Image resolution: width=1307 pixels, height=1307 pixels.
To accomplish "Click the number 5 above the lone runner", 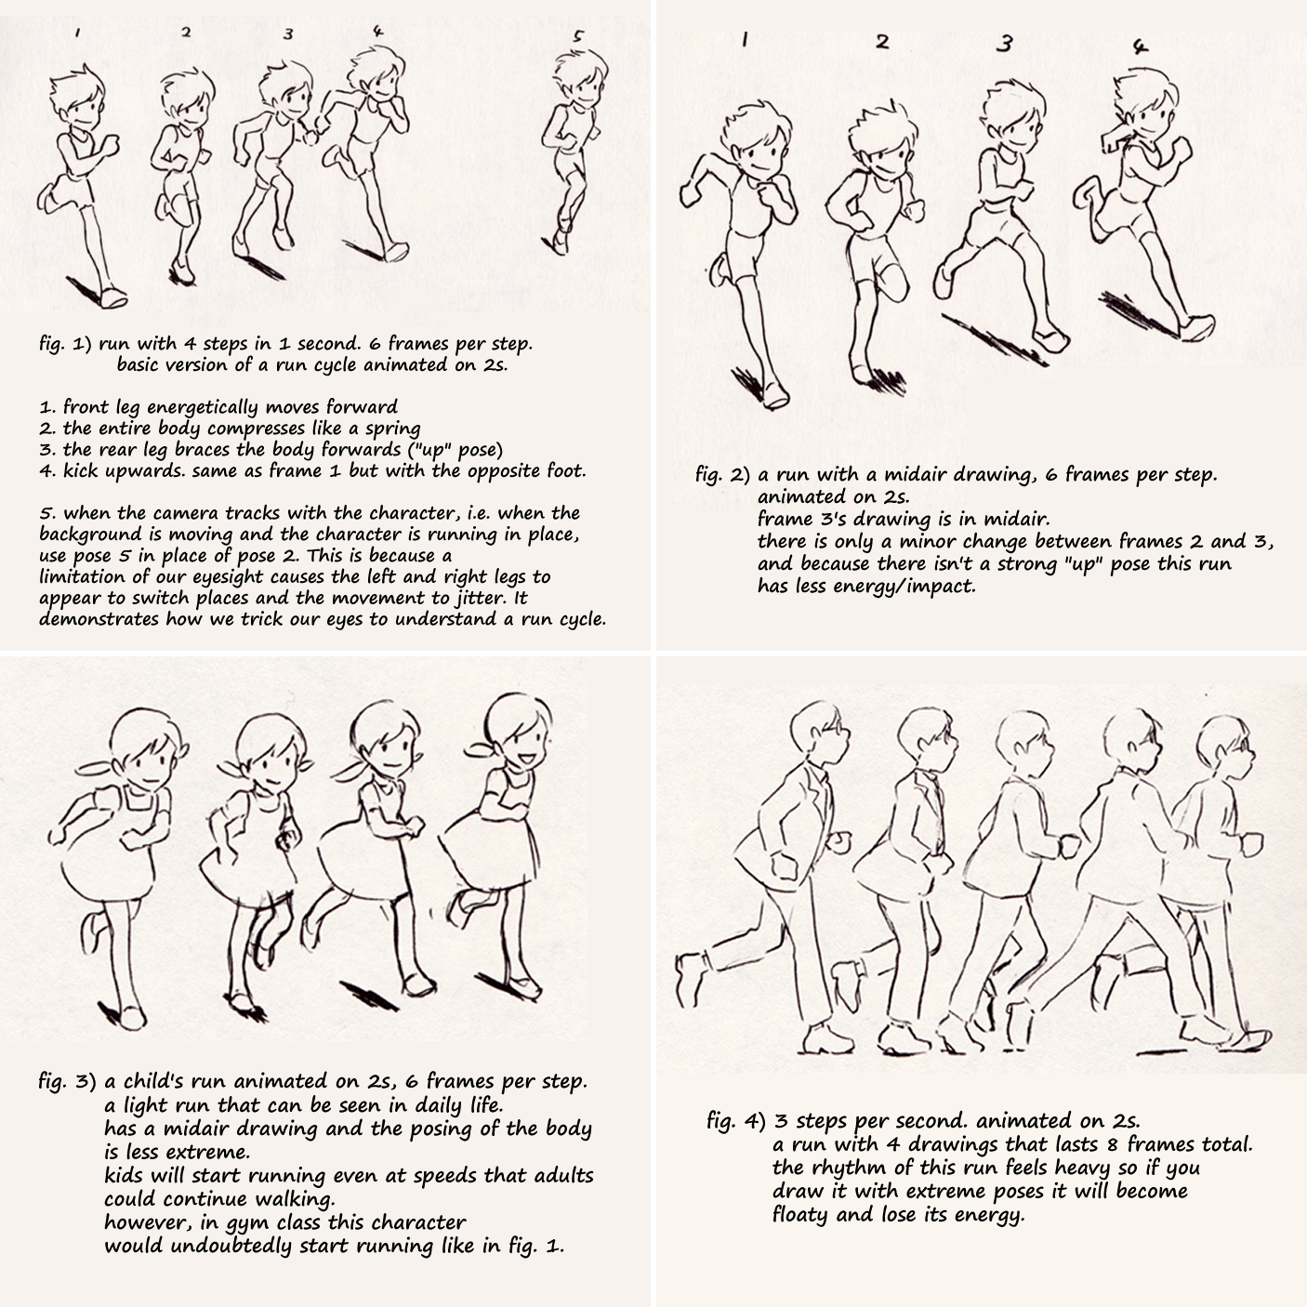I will [x=578, y=38].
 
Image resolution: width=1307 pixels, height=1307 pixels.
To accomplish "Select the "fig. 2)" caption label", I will [x=722, y=475].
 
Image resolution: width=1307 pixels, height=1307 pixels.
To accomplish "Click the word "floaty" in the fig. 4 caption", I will [x=799, y=1214].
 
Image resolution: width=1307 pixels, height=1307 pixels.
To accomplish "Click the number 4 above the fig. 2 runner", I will [x=1141, y=46].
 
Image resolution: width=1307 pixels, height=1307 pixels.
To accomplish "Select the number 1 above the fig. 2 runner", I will [x=745, y=40].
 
